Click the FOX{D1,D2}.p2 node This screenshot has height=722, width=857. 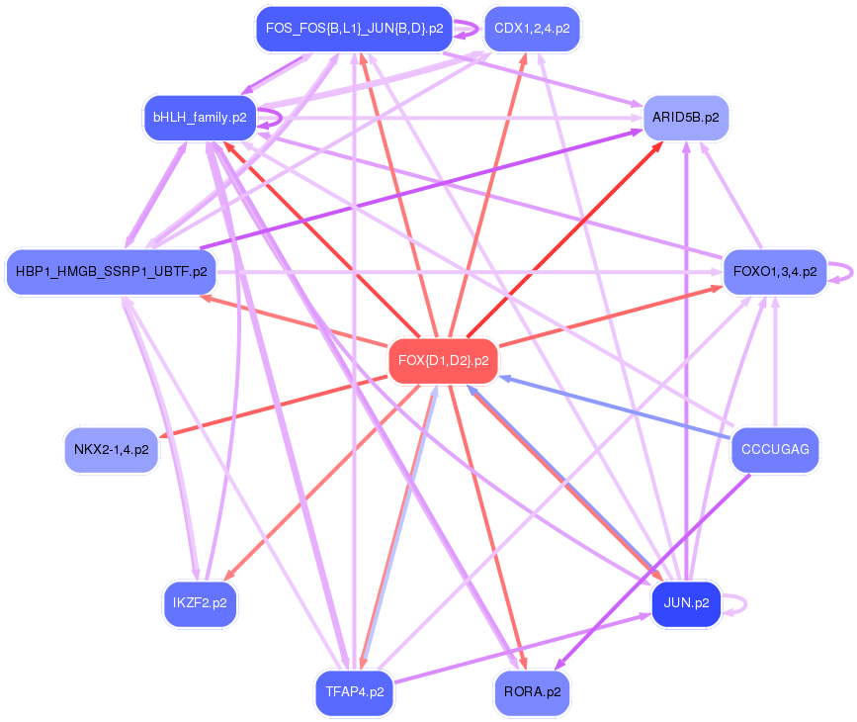(x=443, y=361)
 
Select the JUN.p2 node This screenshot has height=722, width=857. (x=686, y=603)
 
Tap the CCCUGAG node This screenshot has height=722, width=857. (x=775, y=450)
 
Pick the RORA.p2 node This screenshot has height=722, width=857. (x=532, y=691)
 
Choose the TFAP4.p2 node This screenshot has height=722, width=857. (x=354, y=691)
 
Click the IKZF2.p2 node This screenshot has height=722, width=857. (x=200, y=602)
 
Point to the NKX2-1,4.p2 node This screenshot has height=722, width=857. (x=112, y=450)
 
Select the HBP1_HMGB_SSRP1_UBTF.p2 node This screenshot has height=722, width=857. (x=111, y=270)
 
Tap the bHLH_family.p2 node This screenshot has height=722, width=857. (x=199, y=118)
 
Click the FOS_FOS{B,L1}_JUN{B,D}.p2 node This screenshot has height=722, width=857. (x=354, y=29)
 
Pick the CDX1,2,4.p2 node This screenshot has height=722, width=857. (x=532, y=29)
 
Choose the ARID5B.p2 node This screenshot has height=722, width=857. (x=686, y=118)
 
